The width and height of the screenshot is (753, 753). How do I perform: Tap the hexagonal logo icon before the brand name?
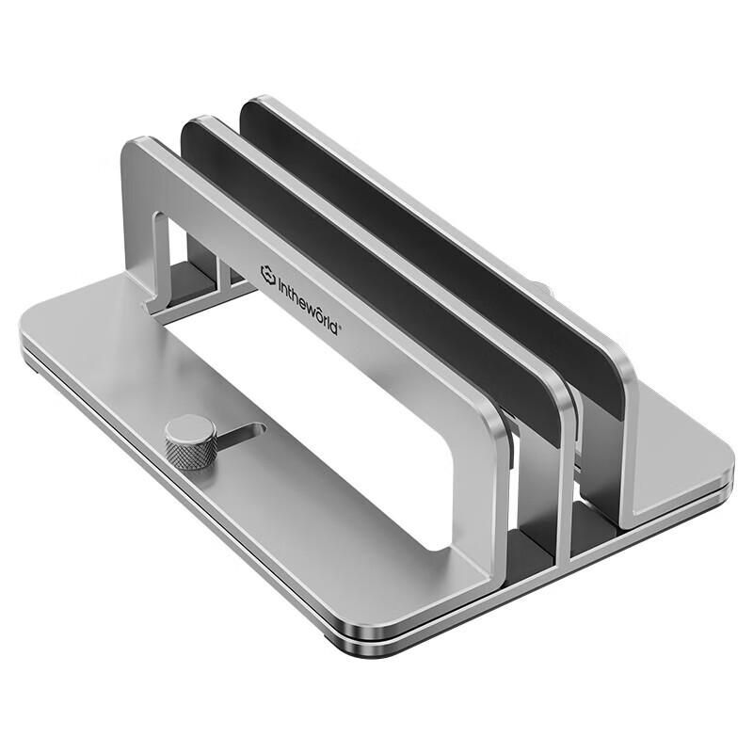[268, 273]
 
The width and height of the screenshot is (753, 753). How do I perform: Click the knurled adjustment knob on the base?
[190, 441]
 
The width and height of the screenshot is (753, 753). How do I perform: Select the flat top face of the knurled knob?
[190, 428]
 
